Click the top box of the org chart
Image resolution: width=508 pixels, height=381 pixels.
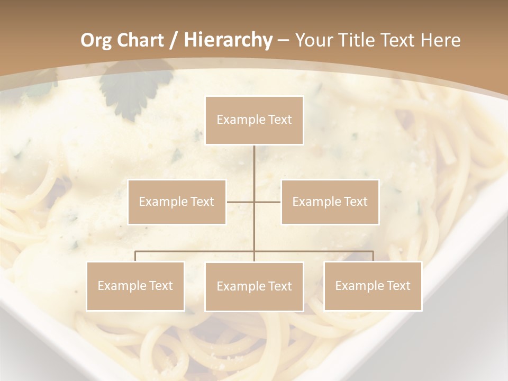(254, 120)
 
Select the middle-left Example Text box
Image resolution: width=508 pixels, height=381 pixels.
(177, 202)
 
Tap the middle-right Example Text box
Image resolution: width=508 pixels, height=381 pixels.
(330, 202)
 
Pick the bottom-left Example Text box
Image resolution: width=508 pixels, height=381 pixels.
(135, 286)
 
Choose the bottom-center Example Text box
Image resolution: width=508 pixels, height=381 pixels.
(254, 286)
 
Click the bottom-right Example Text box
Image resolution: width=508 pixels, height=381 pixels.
(373, 286)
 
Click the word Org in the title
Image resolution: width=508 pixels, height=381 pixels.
(97, 40)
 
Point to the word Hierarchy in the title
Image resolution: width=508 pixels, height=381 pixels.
(228, 40)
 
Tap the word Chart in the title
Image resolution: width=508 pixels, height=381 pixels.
(141, 40)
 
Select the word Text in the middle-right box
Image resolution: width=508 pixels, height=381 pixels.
(356, 202)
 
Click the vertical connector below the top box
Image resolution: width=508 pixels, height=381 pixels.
(254, 164)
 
